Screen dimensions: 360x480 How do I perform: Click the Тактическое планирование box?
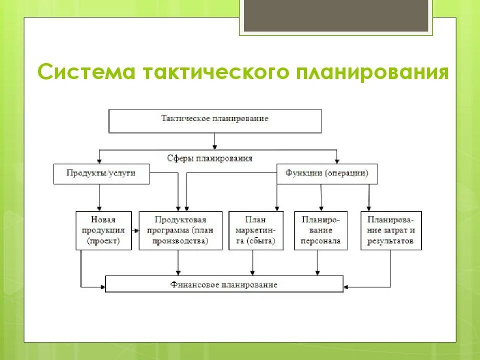(x=215, y=120)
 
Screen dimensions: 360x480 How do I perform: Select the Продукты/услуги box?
(x=101, y=173)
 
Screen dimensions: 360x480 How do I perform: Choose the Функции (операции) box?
(x=327, y=173)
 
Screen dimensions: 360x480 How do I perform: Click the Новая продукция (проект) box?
(x=103, y=230)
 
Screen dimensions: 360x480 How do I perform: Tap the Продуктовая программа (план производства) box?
(x=180, y=230)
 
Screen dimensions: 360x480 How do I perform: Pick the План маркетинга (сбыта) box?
(x=255, y=230)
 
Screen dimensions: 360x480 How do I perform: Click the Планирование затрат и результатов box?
(x=390, y=230)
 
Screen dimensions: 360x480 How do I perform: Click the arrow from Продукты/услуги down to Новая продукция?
(x=99, y=197)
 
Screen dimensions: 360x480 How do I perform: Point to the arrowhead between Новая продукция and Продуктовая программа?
(x=135, y=231)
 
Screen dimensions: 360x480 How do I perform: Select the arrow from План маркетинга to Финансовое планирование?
(x=252, y=262)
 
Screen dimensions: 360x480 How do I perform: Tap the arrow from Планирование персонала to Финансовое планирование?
(x=317, y=262)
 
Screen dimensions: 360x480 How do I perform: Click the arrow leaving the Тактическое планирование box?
(x=215, y=140)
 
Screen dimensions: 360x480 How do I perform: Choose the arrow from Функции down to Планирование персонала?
(x=321, y=197)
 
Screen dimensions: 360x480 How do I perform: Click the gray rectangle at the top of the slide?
(x=336, y=15)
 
